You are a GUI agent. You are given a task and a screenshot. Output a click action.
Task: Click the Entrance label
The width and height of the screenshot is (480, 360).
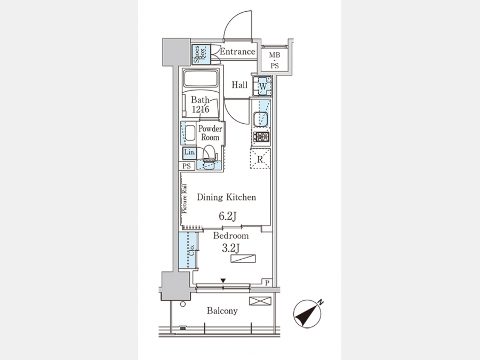tap(237, 51)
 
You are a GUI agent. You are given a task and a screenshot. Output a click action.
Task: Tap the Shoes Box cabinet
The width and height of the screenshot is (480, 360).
tap(201, 54)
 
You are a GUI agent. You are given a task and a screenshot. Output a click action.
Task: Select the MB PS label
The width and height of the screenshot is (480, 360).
tap(275, 60)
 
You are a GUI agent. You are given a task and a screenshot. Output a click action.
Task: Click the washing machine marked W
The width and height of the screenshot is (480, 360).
tap(262, 86)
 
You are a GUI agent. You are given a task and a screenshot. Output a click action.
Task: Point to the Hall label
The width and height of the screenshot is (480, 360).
tap(239, 85)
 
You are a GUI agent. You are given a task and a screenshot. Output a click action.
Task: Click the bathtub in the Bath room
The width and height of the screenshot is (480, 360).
tap(200, 79)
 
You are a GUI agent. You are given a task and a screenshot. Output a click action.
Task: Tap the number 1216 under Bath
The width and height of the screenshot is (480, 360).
tap(201, 109)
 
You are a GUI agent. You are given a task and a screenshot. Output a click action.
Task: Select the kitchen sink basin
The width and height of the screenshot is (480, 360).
tap(261, 119)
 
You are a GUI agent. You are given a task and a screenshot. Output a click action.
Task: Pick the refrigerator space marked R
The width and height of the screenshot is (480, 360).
tap(260, 158)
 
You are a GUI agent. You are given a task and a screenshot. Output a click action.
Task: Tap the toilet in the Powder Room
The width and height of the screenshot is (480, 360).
tap(210, 154)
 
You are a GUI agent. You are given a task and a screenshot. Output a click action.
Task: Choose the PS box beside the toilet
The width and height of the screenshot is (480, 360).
tap(187, 166)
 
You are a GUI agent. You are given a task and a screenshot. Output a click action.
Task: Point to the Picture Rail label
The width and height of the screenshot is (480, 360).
tap(185, 199)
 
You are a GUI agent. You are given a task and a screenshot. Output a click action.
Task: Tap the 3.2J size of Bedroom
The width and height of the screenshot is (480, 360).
tap(230, 248)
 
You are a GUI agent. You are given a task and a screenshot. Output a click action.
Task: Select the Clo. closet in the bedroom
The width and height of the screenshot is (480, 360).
tap(188, 251)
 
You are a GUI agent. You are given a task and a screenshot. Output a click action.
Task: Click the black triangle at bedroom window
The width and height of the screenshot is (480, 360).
tap(223, 281)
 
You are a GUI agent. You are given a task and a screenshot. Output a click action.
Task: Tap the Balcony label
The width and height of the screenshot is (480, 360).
tap(222, 311)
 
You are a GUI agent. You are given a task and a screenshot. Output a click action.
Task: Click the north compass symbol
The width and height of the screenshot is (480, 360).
tap(308, 314)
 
